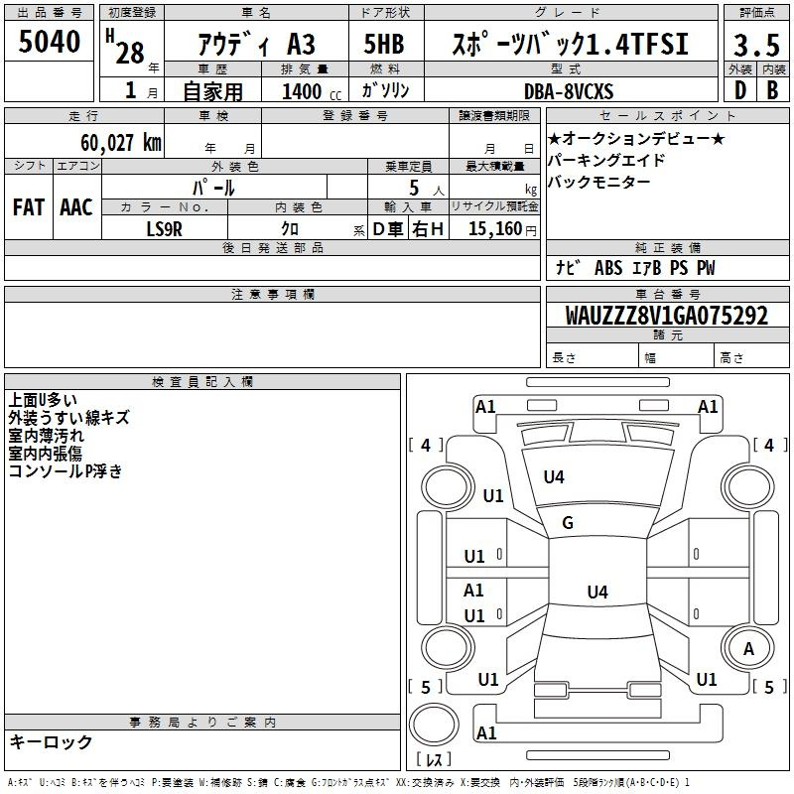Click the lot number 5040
[49, 42]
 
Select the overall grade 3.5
[756, 45]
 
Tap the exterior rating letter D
[740, 90]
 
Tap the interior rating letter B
[772, 90]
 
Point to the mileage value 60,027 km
[121, 143]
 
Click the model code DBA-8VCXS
[569, 91]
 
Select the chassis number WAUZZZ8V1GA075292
[666, 316]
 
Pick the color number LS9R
[164, 229]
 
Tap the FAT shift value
[29, 207]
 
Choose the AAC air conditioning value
[76, 207]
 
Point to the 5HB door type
[384, 44]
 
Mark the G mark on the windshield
[568, 523]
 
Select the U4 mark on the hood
[554, 477]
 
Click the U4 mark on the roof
[597, 592]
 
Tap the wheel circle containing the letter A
[748, 648]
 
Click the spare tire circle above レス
[434, 725]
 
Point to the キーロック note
[51, 741]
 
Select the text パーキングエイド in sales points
[605, 160]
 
